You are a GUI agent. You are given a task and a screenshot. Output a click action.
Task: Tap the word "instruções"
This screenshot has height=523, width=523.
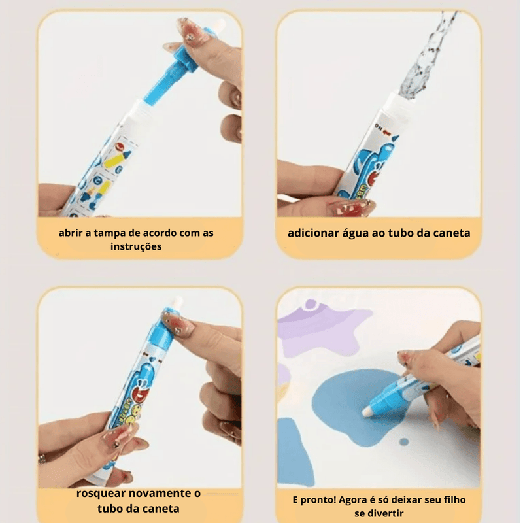click(x=136, y=247)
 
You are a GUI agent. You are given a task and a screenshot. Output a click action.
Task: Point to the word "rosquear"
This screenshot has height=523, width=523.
click(x=101, y=494)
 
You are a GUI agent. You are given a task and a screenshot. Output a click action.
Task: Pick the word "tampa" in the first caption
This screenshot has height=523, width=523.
click(x=107, y=233)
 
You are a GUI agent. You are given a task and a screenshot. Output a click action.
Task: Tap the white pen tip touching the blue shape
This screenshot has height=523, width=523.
click(x=367, y=411)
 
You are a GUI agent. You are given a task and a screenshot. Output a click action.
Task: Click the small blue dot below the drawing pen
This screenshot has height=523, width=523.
click(x=404, y=442)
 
